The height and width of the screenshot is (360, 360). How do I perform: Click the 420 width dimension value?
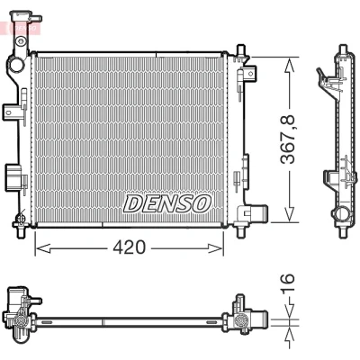coord(129,247)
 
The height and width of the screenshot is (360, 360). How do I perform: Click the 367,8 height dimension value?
coord(288,139)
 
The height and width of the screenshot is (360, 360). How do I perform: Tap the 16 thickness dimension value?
coord(287,278)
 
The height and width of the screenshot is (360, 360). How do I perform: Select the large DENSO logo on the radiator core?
coord(167,203)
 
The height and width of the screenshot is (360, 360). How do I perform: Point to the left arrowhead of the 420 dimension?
coord(42,248)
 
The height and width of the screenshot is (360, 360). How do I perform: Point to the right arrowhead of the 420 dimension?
coord(216,248)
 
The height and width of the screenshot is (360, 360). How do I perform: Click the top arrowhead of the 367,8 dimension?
coord(289,65)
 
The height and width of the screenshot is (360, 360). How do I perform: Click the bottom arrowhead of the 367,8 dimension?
coord(289,214)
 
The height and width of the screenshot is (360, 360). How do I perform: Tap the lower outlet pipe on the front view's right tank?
coord(257,212)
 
